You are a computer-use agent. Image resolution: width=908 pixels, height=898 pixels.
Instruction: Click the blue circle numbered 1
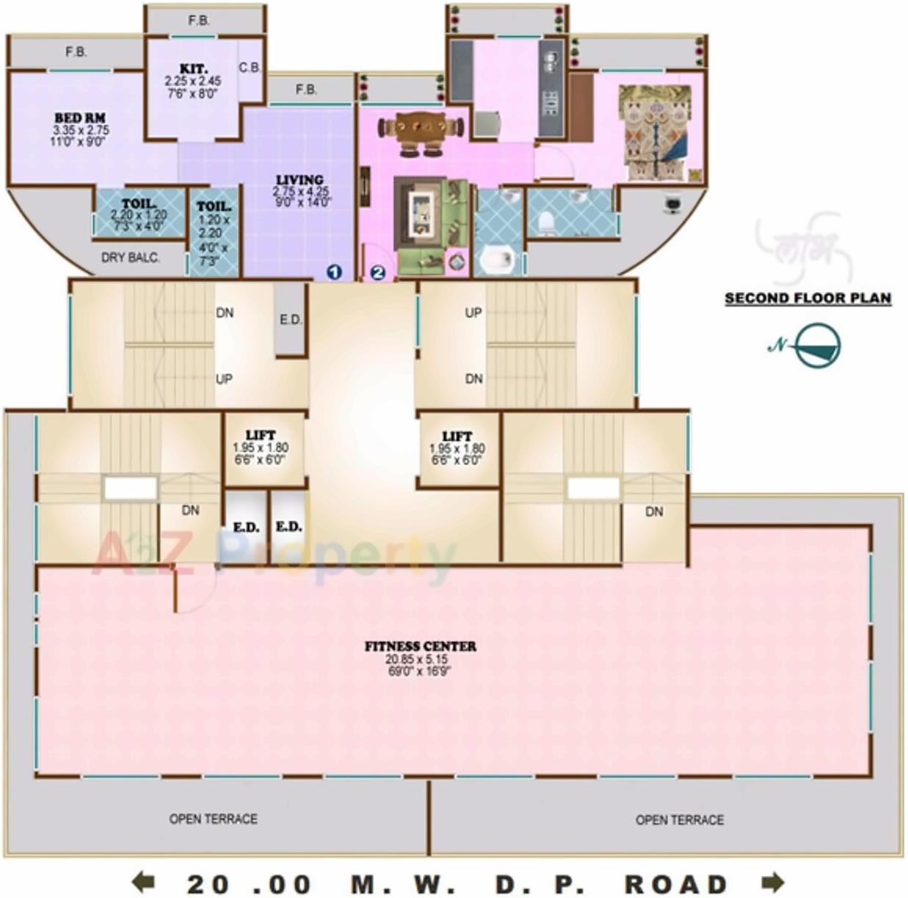coord(334,272)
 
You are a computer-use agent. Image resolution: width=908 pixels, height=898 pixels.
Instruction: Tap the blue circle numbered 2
coord(377,272)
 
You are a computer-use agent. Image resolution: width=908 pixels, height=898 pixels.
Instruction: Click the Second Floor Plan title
coord(807,299)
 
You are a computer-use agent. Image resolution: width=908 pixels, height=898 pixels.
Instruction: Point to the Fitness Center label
coord(421,646)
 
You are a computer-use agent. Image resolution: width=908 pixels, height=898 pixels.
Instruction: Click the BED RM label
coord(80,117)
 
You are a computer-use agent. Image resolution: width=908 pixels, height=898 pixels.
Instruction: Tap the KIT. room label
coord(193,69)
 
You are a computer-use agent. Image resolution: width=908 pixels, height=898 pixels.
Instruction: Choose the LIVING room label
coord(299,180)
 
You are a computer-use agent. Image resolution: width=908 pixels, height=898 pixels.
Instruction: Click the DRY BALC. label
coord(130,258)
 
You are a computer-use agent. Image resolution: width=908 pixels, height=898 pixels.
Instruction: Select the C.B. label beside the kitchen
coord(250,67)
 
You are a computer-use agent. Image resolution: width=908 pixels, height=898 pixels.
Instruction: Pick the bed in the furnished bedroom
coord(656,131)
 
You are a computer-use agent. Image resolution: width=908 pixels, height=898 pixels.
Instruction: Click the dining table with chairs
coord(421,133)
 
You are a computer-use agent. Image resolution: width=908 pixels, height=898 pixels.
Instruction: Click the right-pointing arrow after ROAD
coord(773,881)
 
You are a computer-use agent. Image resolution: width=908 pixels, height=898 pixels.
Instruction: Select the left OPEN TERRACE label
coord(213,819)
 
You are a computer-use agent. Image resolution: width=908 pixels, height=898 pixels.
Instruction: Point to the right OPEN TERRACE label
coord(679,819)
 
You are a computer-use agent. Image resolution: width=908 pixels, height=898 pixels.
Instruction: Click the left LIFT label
coord(261,436)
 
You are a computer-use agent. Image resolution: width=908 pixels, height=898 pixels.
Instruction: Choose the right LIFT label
coord(457,437)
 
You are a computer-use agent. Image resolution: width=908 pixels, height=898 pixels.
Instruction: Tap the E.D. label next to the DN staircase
coord(291,320)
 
